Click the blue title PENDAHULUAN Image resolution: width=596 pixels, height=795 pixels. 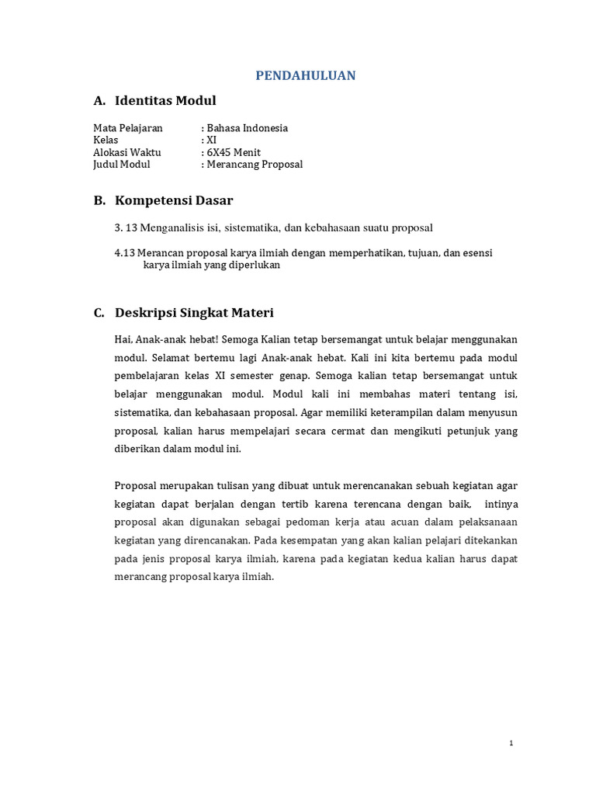pyautogui.click(x=307, y=75)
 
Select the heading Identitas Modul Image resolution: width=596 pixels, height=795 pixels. pyautogui.click(x=165, y=101)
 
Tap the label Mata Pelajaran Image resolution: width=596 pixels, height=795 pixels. pyautogui.click(x=128, y=128)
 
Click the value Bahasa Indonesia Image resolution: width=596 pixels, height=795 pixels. pyautogui.click(x=247, y=128)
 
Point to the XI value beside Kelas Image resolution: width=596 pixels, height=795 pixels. pyautogui.click(x=211, y=141)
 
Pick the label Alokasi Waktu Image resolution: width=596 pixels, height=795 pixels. pyautogui.click(x=127, y=153)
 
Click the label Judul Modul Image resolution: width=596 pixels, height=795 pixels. pyautogui.click(x=122, y=165)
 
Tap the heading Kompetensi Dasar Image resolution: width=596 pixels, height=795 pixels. pyautogui.click(x=174, y=200)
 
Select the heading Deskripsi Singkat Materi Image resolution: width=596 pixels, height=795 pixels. pyautogui.click(x=194, y=313)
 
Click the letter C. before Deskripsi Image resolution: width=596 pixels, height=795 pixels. pyautogui.click(x=99, y=313)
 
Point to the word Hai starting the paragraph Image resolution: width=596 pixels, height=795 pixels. pyautogui.click(x=123, y=340)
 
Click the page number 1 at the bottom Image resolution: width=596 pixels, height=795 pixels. pyautogui.click(x=511, y=743)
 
